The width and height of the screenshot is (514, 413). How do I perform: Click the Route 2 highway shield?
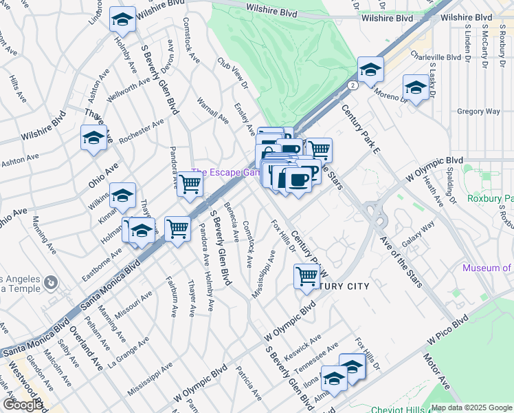[353, 86]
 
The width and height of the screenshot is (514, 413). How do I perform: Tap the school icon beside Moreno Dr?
[416, 87]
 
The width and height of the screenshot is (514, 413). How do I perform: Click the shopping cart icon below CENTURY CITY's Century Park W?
[306, 277]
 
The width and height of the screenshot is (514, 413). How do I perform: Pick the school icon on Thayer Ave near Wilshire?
[93, 138]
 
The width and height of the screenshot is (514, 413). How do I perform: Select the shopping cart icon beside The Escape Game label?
[189, 184]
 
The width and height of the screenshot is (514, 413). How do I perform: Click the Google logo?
[22, 405]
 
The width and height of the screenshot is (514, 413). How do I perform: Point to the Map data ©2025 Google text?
[471, 407]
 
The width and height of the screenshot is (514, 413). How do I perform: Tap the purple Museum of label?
[487, 268]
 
